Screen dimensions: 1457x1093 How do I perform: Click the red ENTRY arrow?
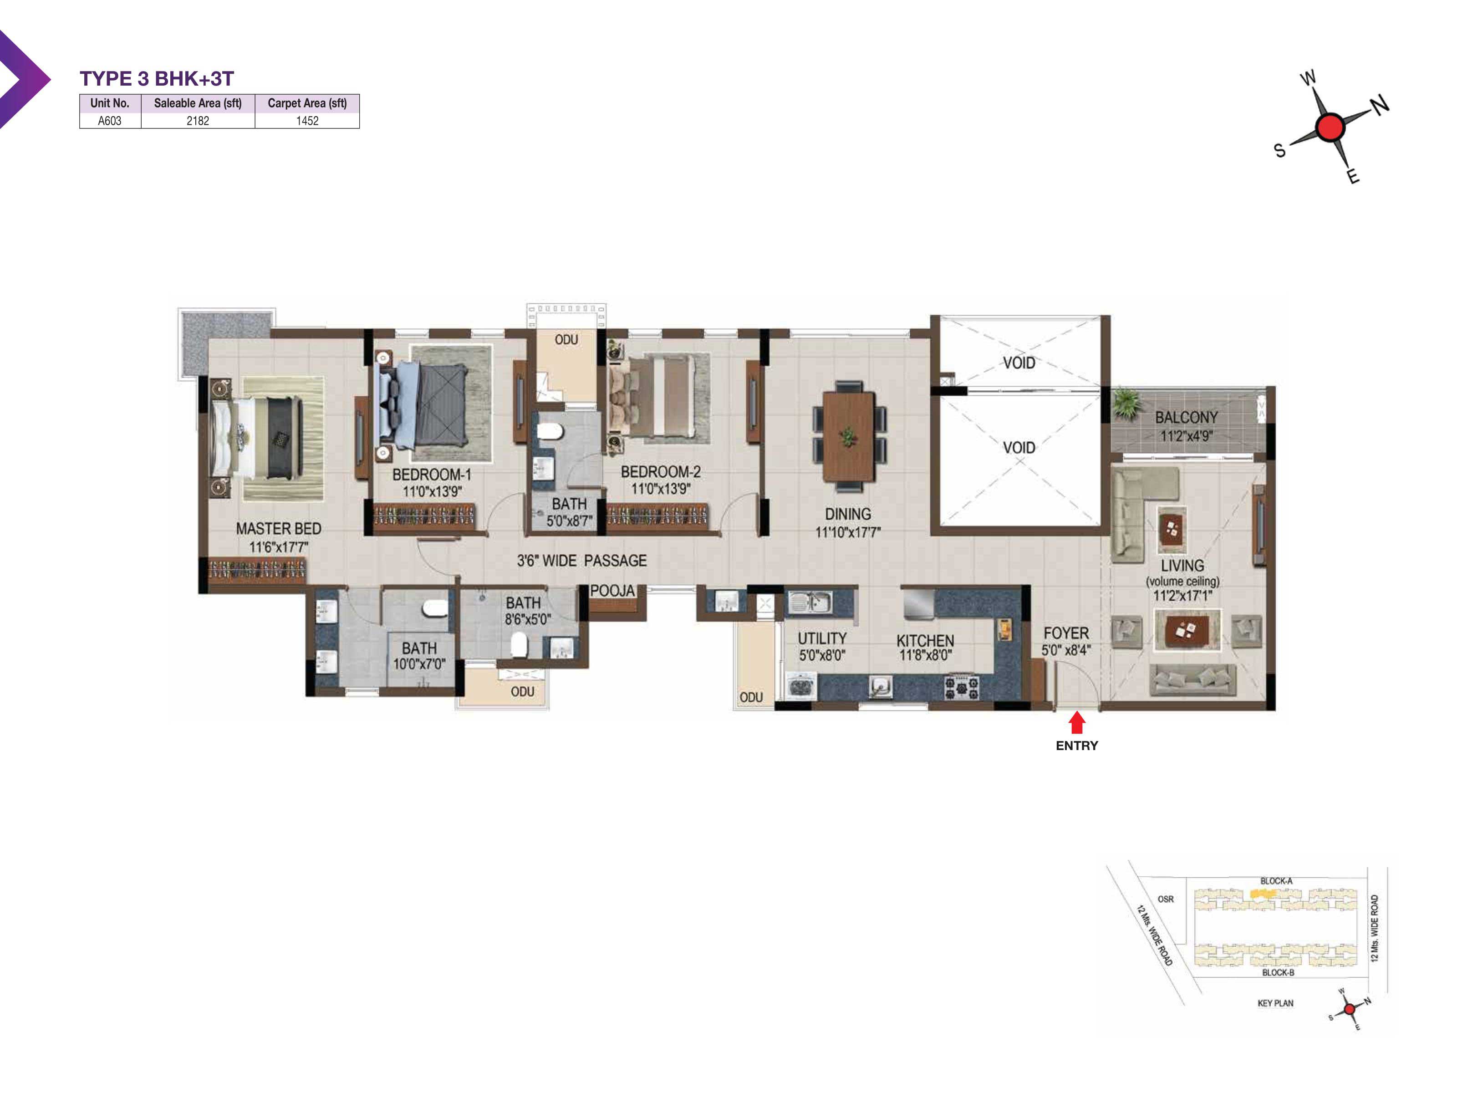(x=1077, y=723)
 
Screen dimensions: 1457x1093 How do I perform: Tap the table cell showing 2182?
(x=198, y=121)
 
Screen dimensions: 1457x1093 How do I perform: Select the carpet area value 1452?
(x=307, y=121)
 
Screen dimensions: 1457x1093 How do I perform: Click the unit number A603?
(x=109, y=121)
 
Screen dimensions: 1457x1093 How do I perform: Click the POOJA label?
(x=612, y=591)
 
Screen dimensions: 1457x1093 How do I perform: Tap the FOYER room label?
(x=1066, y=633)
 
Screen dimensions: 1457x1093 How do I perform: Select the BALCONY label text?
(x=1186, y=418)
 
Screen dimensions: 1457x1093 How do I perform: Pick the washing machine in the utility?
(x=801, y=686)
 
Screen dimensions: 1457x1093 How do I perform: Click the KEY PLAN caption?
(x=1275, y=1003)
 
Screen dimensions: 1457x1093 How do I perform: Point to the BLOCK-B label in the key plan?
(x=1278, y=972)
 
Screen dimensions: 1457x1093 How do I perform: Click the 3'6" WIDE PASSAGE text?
(x=581, y=561)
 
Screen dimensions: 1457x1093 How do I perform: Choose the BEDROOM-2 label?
(x=661, y=472)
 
